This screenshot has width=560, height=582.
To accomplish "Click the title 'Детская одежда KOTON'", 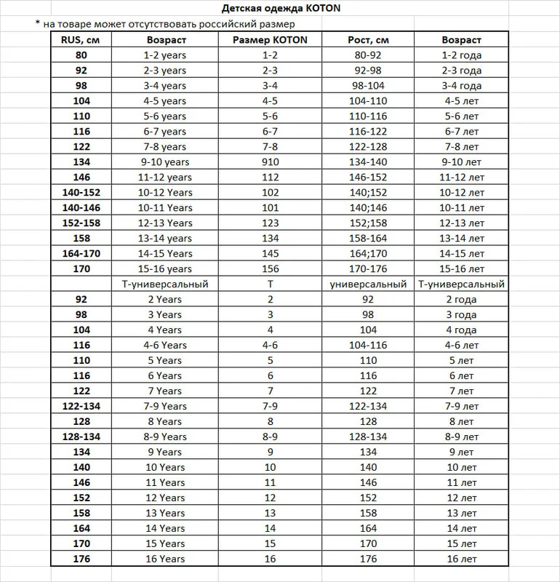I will (x=280, y=9).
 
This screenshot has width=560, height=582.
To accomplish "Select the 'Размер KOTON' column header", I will (x=271, y=40).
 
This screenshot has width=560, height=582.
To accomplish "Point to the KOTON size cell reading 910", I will (x=271, y=162).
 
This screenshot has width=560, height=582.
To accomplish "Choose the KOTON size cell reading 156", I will (x=271, y=269).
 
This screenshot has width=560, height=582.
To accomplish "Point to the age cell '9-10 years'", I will (x=165, y=162).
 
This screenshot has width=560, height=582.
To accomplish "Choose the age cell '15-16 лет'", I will (x=462, y=269).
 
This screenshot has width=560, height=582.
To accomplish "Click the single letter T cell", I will (x=271, y=284).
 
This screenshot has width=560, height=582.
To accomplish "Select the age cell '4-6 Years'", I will (x=165, y=346).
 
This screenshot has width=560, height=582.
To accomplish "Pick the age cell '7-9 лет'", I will (x=462, y=406).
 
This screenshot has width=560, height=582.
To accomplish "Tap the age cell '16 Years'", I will (x=165, y=559).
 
